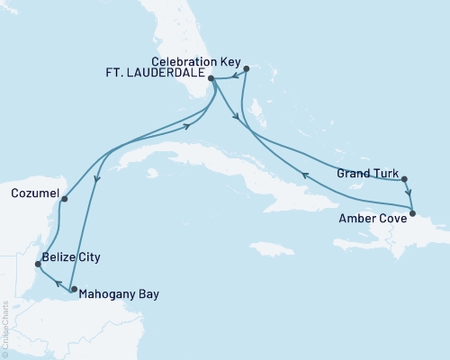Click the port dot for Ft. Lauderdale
(211, 78)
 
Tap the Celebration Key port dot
(246, 66)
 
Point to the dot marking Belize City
(37, 264)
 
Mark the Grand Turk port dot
(404, 178)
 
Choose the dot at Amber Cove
(412, 213)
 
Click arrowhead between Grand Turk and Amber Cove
(409, 193)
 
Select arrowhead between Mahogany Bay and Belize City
(51, 283)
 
